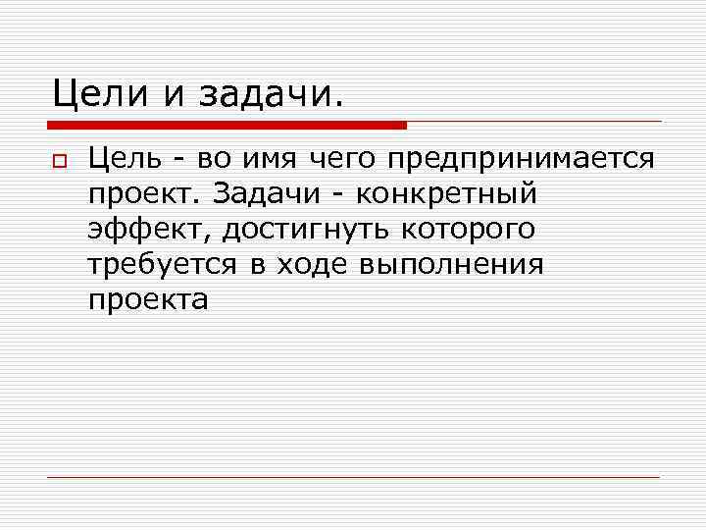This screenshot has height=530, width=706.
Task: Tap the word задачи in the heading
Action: [x=271, y=95]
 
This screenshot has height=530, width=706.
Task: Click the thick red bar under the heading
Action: [x=227, y=126]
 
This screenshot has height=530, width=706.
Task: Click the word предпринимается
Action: [x=520, y=159]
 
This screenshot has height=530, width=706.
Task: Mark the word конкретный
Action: [x=447, y=194]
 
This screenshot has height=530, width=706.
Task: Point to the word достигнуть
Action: [x=308, y=230]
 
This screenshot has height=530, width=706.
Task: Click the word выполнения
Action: [x=451, y=265]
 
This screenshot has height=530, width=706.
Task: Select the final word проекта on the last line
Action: [x=148, y=300]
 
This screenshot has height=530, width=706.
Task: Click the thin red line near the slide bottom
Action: [x=353, y=477]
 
